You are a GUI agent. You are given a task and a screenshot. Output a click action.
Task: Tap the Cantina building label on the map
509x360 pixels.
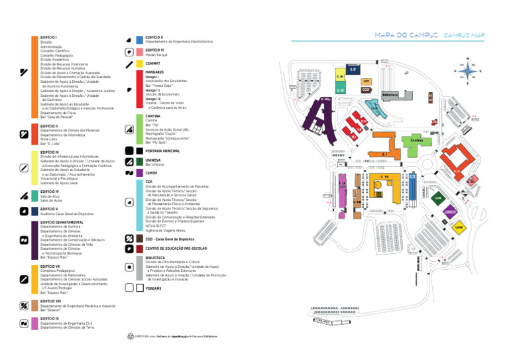416,141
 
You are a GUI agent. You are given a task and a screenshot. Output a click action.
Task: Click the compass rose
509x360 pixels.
468,71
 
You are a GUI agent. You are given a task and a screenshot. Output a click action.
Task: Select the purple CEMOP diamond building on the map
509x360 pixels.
451,211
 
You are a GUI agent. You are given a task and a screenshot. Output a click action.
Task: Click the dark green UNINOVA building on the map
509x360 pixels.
438,198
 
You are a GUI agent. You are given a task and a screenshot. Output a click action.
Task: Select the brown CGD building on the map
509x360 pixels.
366,90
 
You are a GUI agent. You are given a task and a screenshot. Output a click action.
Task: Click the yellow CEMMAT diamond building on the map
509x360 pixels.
459,227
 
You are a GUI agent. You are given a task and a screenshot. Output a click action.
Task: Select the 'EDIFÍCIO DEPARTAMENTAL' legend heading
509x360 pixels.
62,222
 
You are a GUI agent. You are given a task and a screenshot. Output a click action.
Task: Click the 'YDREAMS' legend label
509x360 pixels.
153,288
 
